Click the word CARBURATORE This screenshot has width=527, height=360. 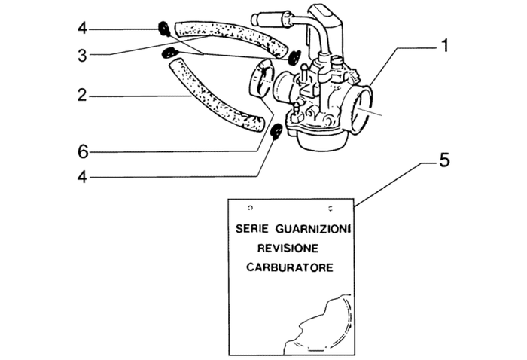click(290, 268)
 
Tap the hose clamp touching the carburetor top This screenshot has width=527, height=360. click(294, 55)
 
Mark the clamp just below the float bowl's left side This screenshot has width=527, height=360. click(276, 132)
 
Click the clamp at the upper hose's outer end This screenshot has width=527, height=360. click(163, 29)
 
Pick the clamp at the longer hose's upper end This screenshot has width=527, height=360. click(170, 52)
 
